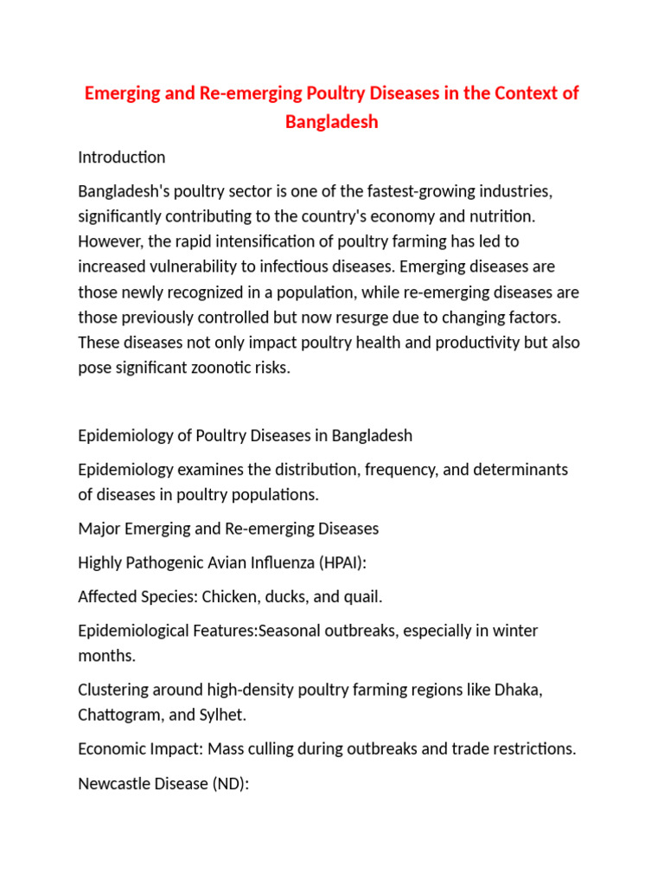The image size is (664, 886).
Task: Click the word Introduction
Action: click(121, 157)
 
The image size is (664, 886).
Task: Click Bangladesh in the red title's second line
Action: click(332, 121)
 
